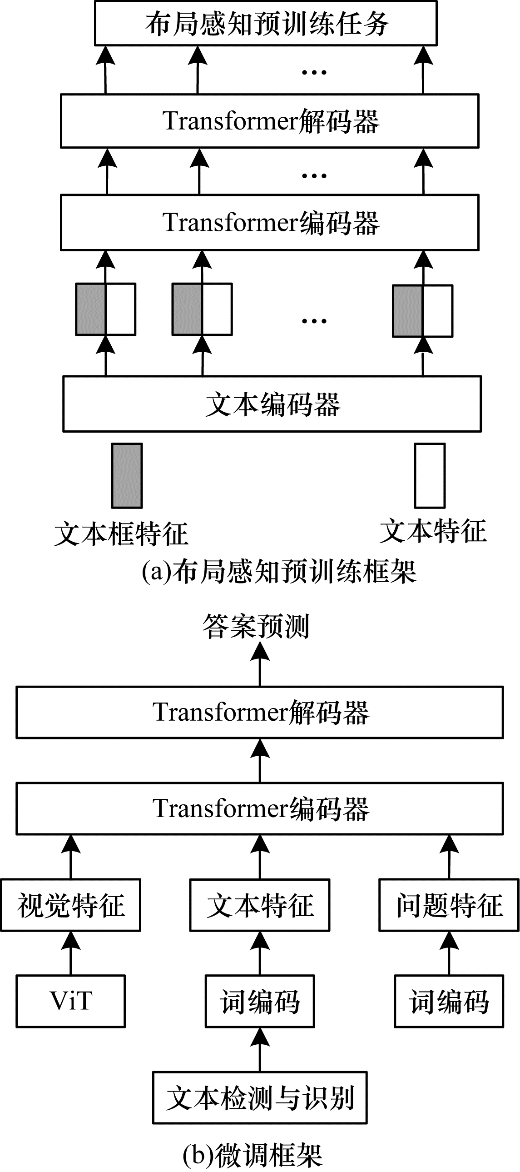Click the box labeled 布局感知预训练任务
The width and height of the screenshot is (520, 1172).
[x=266, y=23]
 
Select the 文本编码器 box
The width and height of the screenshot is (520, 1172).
[x=272, y=404]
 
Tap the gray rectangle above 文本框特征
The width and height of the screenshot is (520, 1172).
[x=127, y=475]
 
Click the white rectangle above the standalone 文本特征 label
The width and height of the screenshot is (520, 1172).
[x=430, y=475]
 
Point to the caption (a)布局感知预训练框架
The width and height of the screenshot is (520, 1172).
[x=279, y=571]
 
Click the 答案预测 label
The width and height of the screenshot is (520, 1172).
[x=256, y=627]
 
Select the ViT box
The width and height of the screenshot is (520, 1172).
[x=71, y=1001]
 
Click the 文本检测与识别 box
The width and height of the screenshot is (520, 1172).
[x=260, y=1097]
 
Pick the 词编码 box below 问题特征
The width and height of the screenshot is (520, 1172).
[x=449, y=1001]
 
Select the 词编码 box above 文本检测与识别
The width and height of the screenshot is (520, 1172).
[x=260, y=1001]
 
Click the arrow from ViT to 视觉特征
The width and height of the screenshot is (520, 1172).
[x=71, y=953]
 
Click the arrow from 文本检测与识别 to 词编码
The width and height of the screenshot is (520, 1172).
[x=260, y=1050]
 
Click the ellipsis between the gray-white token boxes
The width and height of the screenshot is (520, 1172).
[x=314, y=321]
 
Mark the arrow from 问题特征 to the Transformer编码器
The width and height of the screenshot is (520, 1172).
[x=449, y=857]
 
